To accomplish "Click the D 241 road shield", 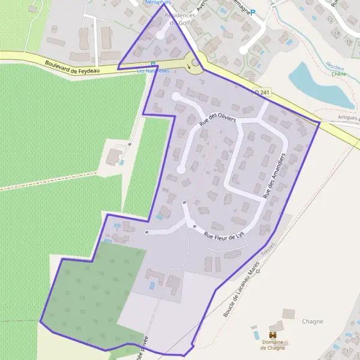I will click(262, 92).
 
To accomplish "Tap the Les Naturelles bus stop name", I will click(153, 71).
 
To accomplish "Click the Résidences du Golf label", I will click(178, 19).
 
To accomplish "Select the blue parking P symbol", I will click(253, 12).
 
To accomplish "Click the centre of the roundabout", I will click(195, 62).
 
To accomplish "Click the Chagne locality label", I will click(313, 322).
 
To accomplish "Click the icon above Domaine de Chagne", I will click(272, 334).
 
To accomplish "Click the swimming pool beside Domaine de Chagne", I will click(257, 334).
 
